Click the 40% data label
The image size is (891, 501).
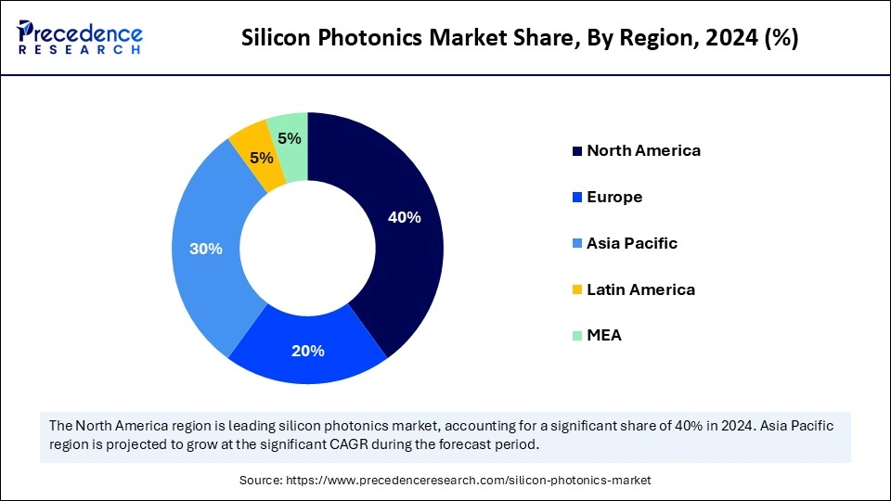click(405, 217)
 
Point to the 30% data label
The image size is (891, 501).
click(205, 249)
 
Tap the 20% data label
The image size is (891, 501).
click(307, 351)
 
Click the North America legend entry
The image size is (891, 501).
click(643, 150)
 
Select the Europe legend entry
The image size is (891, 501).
click(614, 197)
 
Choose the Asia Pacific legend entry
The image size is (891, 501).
click(632, 243)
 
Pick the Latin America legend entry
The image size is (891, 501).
click(640, 289)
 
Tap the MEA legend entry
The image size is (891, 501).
click(604, 335)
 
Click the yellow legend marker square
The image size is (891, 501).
click(578, 290)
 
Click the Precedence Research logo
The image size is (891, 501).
click(80, 38)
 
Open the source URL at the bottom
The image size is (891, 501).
click(445, 480)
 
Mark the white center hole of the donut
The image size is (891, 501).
click(307, 248)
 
